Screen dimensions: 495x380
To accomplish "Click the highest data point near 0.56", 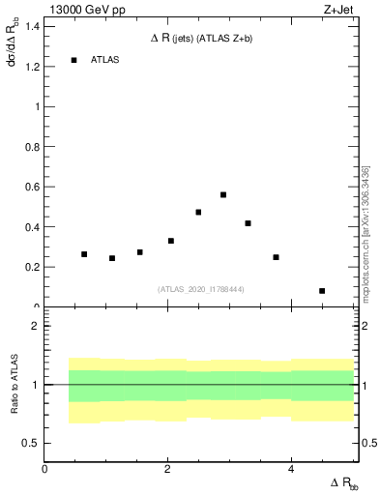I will [223, 194].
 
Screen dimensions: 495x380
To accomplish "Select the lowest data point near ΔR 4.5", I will [322, 290].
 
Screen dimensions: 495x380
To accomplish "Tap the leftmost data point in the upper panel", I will [84, 254].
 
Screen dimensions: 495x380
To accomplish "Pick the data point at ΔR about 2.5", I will [198, 212].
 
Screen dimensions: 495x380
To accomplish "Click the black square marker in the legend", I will [73, 60].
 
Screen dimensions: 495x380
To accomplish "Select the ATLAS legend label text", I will [104, 60].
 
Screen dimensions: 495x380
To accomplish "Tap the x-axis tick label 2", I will [167, 469].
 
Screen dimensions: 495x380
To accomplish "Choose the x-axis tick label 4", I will [291, 469].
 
